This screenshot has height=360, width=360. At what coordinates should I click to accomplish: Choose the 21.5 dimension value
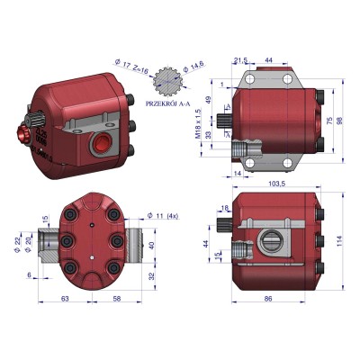[240, 60]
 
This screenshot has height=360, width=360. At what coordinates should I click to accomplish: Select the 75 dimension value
[329, 120]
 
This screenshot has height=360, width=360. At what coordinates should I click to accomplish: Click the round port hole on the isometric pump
[100, 142]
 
